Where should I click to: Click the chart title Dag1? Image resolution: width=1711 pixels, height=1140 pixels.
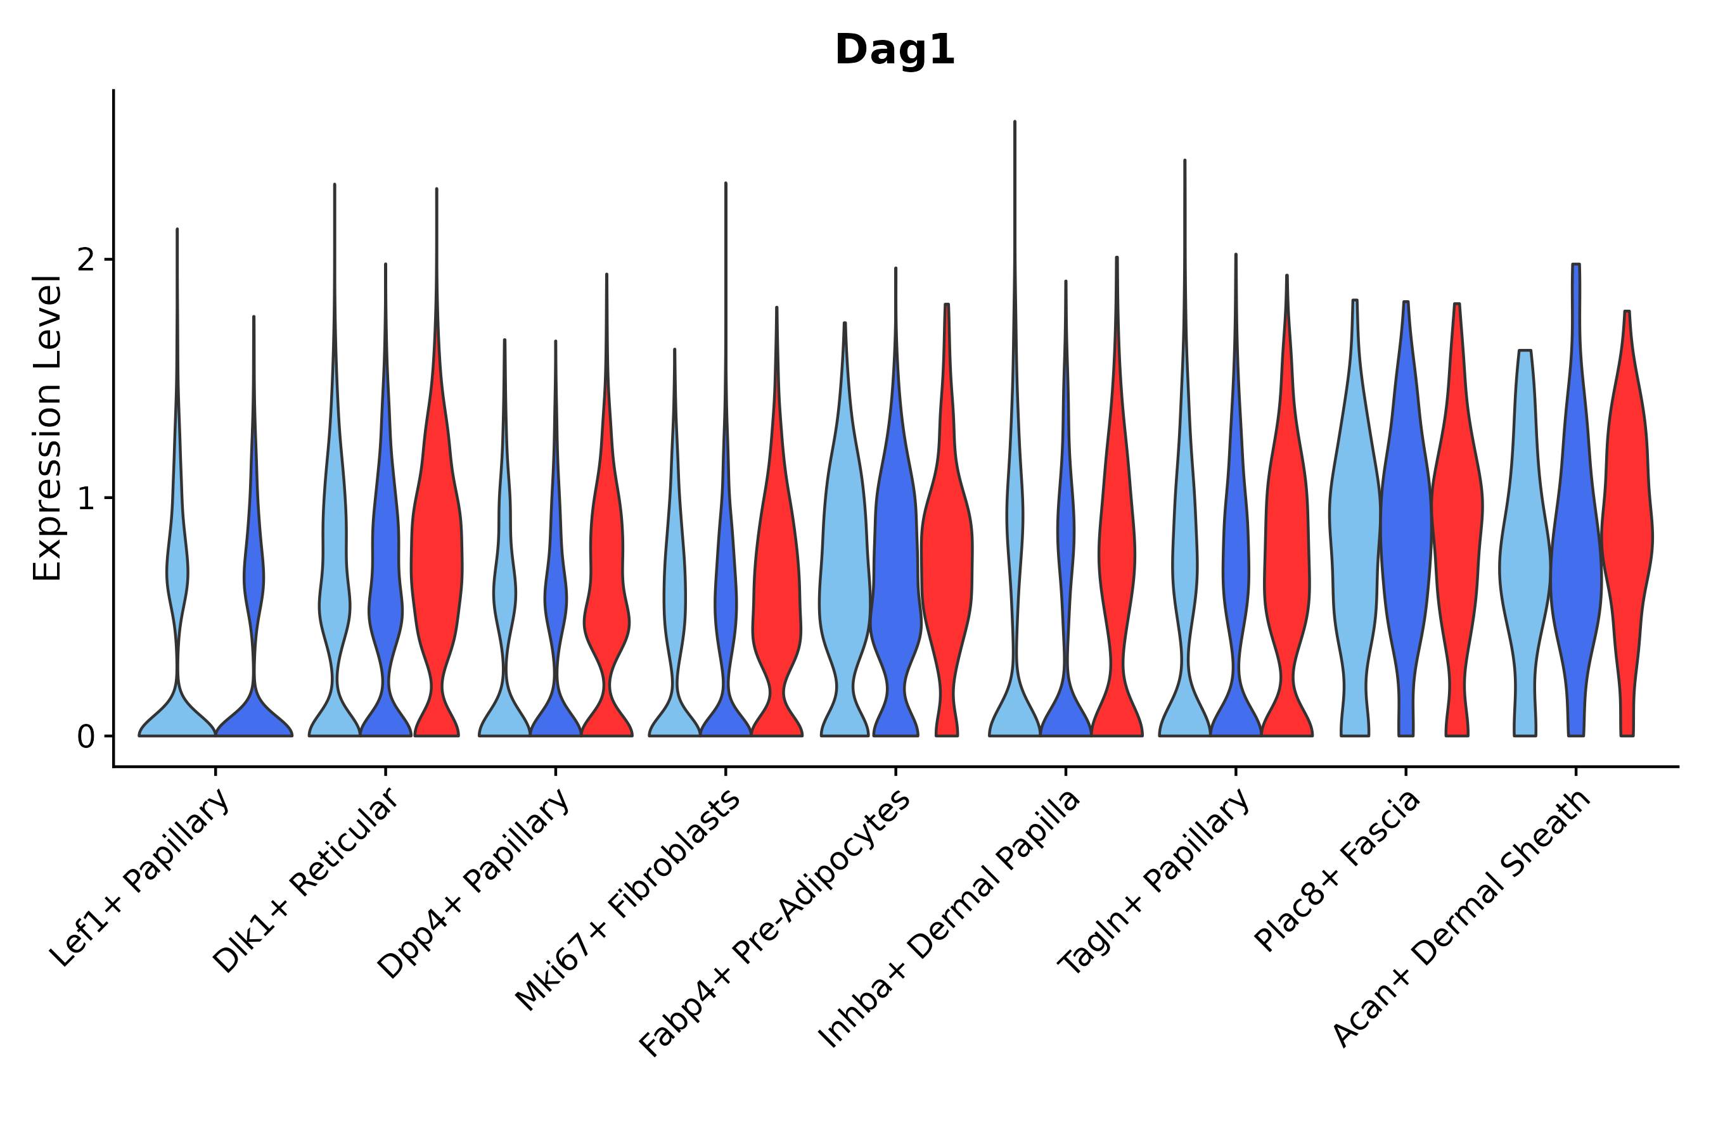tap(894, 50)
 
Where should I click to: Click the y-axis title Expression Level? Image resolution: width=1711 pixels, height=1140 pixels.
tap(48, 428)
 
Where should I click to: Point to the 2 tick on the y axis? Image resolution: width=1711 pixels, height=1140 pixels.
tap(86, 260)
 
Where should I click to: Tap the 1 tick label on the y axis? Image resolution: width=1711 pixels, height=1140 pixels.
tap(86, 499)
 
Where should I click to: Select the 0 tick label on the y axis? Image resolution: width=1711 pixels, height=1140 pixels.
tap(86, 737)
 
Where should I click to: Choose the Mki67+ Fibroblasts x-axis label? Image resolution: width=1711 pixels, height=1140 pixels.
tap(627, 900)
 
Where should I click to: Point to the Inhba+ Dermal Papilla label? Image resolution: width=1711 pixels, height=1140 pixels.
tap(949, 919)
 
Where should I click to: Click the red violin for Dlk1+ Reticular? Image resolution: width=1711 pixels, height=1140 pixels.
tap(437, 552)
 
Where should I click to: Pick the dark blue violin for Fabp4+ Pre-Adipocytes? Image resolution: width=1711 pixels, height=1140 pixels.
tap(895, 552)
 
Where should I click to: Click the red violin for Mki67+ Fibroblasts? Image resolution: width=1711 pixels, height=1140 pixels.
tap(776, 581)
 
